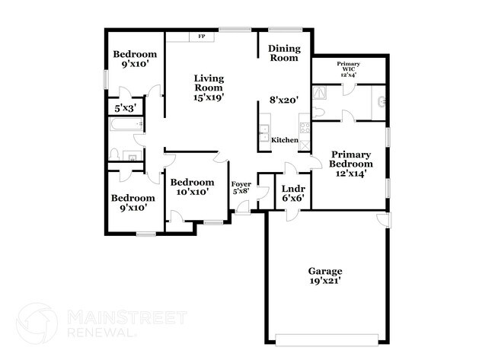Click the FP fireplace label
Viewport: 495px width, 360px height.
pyautogui.click(x=202, y=36)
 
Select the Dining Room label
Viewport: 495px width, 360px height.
pyautogui.click(x=285, y=53)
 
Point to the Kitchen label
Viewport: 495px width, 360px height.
pyautogui.click(x=285, y=140)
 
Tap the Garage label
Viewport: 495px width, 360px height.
pyautogui.click(x=324, y=271)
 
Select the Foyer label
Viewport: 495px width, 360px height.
pyautogui.click(x=241, y=184)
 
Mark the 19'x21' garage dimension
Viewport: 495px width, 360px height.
pyautogui.click(x=324, y=281)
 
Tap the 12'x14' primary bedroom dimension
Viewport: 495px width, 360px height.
pyautogui.click(x=351, y=173)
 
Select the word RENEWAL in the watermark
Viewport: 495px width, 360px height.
pyautogui.click(x=101, y=332)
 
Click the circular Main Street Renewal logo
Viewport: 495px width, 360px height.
pyautogui.click(x=37, y=323)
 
